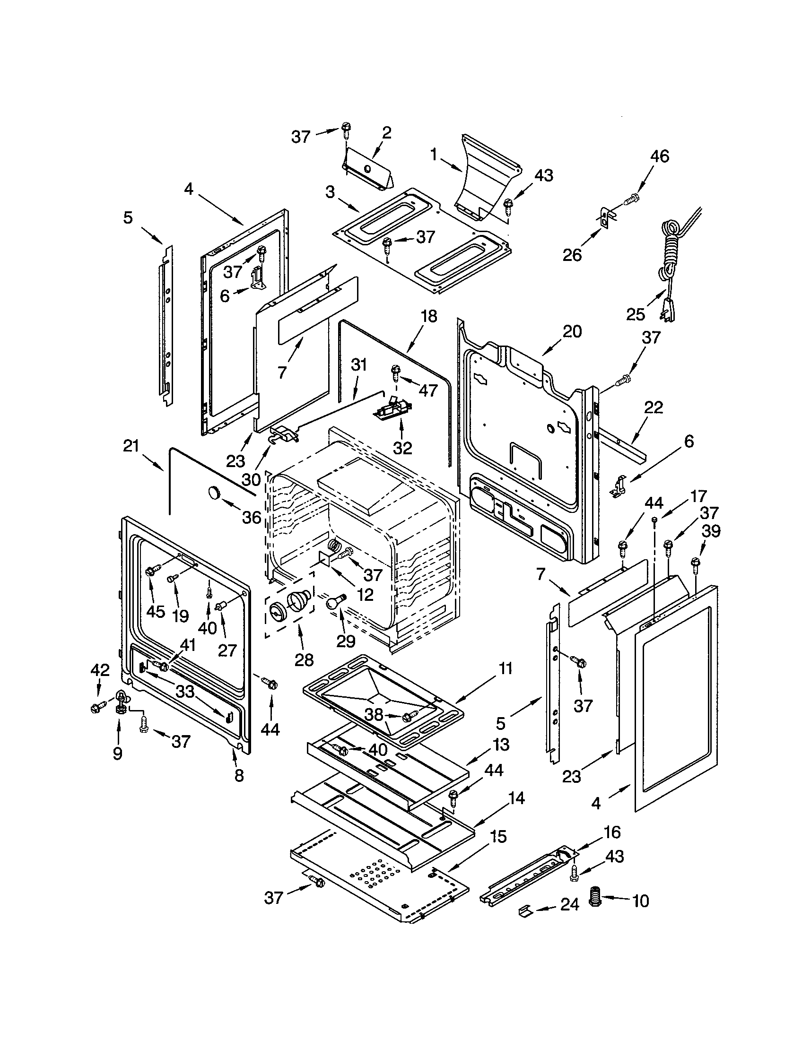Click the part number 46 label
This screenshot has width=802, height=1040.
(660, 156)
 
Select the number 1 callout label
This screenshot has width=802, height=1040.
(433, 154)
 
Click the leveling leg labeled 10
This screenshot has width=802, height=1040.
(595, 895)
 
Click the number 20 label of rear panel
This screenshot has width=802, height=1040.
(572, 331)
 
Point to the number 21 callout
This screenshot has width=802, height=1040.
(131, 446)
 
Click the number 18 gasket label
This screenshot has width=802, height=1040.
(428, 316)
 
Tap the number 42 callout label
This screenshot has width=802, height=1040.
(100, 670)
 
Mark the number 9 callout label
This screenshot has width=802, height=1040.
(117, 753)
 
